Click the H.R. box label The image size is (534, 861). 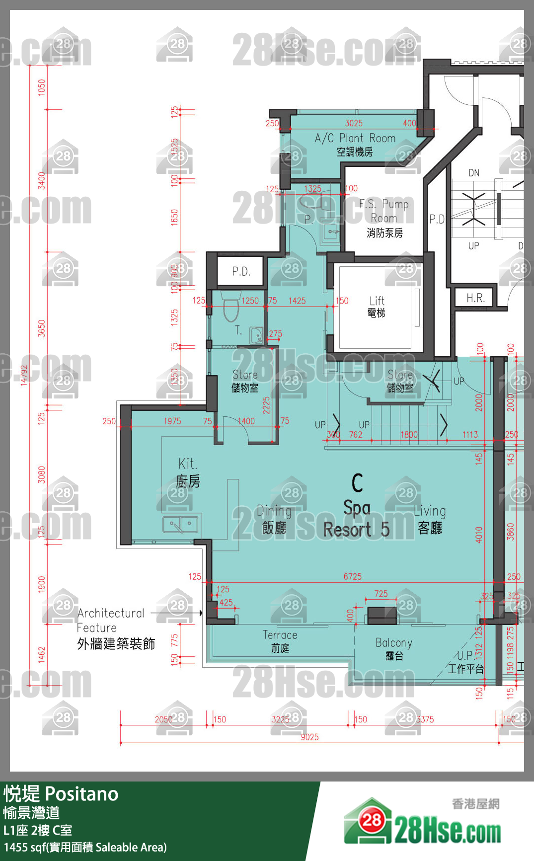click(475, 298)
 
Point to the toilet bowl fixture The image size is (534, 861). click(231, 308)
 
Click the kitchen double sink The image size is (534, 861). click(181, 524)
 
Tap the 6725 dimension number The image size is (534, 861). click(353, 577)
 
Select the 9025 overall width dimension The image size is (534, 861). click(309, 737)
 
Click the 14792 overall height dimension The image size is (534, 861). click(24, 375)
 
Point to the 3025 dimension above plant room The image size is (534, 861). click(354, 123)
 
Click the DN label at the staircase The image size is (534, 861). click(474, 173)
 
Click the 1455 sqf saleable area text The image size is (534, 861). click(85, 847)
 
